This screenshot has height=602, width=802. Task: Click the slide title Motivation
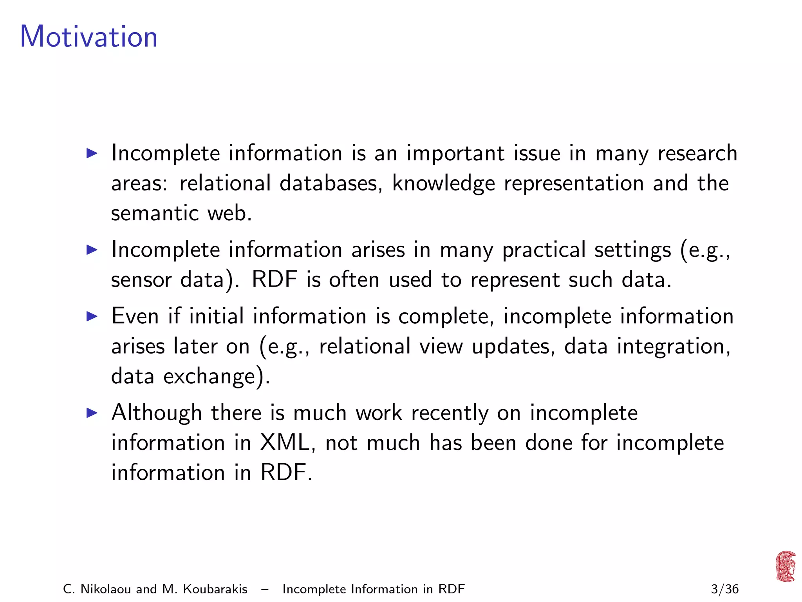click(x=89, y=36)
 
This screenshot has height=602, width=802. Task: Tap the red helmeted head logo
click(x=786, y=566)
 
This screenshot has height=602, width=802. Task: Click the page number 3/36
click(x=724, y=589)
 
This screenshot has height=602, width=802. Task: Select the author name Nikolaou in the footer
click(x=106, y=589)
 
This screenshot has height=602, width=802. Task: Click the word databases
click(x=331, y=183)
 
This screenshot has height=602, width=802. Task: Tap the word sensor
click(x=141, y=280)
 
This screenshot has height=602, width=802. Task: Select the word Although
click(x=157, y=413)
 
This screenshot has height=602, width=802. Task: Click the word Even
click(x=135, y=316)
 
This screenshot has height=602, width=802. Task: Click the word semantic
click(x=155, y=213)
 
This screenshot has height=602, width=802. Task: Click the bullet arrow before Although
click(x=92, y=412)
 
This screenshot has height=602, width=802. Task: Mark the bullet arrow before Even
click(x=92, y=316)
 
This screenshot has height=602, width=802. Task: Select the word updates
click(x=513, y=347)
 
